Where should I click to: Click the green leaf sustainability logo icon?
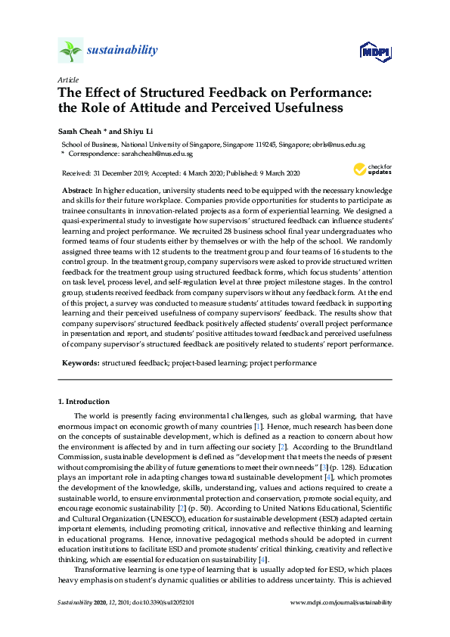click(x=70, y=51)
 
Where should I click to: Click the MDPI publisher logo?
click(x=374, y=52)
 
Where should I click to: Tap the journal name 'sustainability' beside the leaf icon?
click(x=123, y=51)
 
